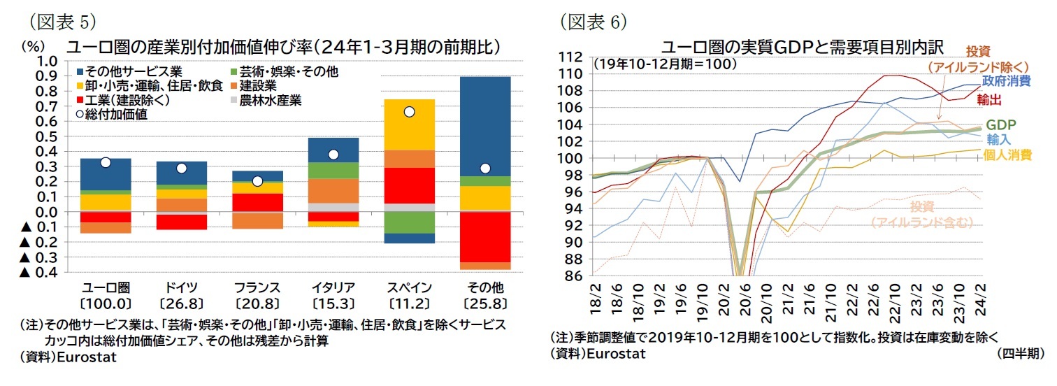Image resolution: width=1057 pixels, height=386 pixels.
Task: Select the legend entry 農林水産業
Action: (270, 100)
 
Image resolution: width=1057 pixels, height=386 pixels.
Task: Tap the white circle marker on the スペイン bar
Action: (410, 112)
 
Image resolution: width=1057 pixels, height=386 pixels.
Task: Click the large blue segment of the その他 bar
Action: (485, 126)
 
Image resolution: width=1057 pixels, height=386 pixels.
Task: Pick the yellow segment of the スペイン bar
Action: (410, 124)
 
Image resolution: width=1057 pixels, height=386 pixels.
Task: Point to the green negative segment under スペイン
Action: (410, 222)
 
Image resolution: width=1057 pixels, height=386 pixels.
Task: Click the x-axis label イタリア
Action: (333, 287)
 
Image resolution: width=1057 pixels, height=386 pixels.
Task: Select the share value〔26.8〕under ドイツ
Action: (181, 303)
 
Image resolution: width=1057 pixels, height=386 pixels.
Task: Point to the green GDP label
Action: (1001, 125)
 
